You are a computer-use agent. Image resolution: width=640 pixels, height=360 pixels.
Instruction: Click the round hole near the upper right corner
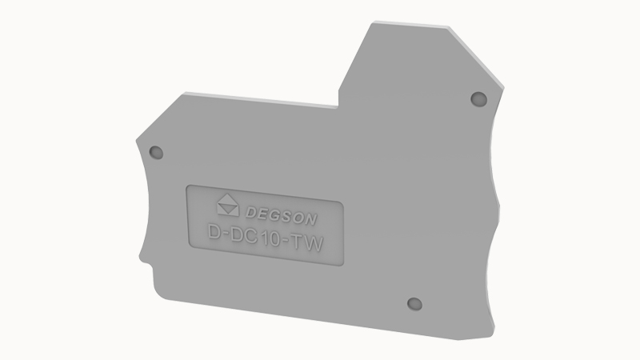478,99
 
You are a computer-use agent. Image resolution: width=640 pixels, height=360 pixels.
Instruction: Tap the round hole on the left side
156,153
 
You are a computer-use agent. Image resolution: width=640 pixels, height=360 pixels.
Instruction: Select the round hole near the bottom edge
414,304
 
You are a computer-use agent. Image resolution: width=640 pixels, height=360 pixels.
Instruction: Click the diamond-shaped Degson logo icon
228,205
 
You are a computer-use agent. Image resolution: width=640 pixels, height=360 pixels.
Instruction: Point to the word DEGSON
282,216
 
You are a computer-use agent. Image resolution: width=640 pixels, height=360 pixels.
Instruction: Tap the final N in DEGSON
310,219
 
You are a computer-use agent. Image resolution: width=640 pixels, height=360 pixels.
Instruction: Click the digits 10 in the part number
271,238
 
